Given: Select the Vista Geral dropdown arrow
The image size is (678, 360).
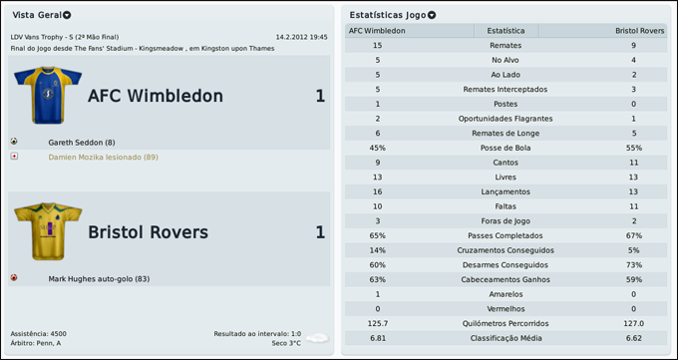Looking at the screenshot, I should [67, 16].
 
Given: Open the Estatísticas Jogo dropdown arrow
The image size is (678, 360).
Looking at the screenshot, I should [432, 16].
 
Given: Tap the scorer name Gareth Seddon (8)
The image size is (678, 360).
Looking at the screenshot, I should [82, 143].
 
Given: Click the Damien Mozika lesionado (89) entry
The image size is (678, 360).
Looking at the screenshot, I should [103, 157].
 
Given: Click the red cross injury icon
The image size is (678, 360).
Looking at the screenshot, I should [14, 157].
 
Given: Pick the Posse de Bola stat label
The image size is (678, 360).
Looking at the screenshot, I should [506, 147].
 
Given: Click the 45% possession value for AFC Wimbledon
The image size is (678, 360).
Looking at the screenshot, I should [377, 147].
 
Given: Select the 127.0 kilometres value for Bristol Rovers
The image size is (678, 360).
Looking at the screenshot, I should [633, 323].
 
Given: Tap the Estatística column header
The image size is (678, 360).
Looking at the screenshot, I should [506, 31].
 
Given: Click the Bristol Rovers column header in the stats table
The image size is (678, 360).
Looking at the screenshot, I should [639, 31].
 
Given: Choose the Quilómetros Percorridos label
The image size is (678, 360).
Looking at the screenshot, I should [506, 323].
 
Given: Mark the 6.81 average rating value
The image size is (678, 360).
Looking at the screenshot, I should [377, 338].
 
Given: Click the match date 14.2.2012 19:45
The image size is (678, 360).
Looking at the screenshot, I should [301, 37].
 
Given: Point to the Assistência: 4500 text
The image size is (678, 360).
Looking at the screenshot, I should [39, 333].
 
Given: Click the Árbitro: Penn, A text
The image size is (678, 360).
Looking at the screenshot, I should [36, 343].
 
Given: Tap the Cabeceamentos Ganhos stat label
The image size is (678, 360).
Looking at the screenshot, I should [506, 279].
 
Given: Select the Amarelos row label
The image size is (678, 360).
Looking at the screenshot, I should [506, 294].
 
